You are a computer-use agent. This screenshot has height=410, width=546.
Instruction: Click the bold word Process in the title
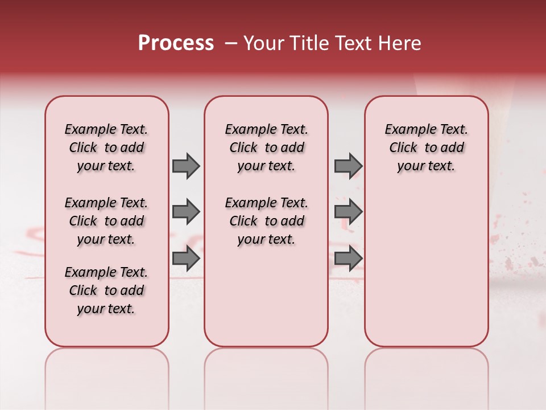[x=176, y=43]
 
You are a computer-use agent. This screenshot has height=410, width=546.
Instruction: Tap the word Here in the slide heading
[x=400, y=43]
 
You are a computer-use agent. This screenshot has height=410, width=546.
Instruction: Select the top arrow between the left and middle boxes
[x=186, y=166]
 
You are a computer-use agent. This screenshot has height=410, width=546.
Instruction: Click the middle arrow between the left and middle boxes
[x=186, y=212]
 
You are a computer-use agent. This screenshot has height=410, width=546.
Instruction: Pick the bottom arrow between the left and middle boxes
[x=186, y=259]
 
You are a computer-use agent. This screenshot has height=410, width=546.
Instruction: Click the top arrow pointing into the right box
[x=348, y=166]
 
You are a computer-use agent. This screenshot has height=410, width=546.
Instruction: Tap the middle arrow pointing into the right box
[x=348, y=212]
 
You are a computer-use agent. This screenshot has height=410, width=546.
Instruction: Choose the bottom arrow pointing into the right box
[x=348, y=259]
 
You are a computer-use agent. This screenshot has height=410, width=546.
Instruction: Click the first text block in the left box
[x=106, y=147]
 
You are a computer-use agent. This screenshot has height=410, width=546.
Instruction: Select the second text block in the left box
[x=106, y=221]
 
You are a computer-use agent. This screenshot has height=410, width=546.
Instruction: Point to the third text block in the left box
[x=106, y=290]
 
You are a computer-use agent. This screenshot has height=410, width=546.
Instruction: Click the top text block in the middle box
[x=266, y=147]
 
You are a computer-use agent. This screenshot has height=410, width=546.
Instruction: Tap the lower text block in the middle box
[x=266, y=221]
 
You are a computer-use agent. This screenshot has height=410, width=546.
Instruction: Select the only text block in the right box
[x=426, y=147]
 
